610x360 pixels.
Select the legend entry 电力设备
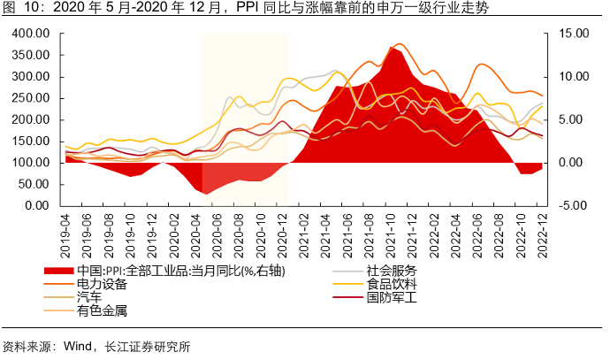[x=103, y=284]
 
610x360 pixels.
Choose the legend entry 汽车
[x=89, y=297]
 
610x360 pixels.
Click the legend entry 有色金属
[x=103, y=310]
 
